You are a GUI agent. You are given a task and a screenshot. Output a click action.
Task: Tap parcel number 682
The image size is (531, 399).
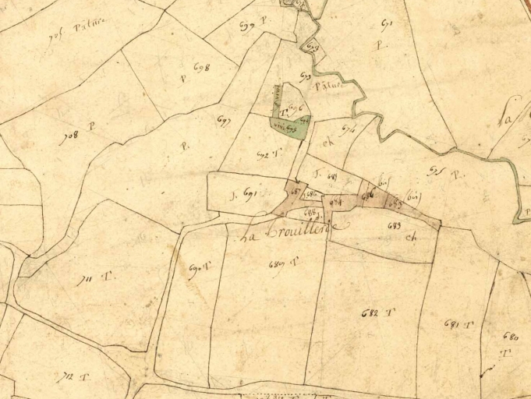[x=370, y=313]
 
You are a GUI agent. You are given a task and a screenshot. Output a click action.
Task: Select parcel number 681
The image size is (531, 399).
[x=452, y=323]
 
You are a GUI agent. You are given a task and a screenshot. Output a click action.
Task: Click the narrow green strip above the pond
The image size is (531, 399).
[x=275, y=104]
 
